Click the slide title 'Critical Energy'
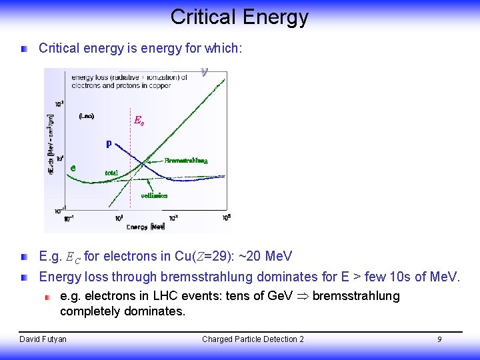(239, 17)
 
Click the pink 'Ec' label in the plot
(139, 121)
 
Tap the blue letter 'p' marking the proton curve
(109, 143)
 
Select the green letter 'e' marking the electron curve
(73, 168)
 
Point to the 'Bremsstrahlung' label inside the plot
(186, 161)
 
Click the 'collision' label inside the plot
(154, 195)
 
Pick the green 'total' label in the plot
(111, 173)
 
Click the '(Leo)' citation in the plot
(86, 116)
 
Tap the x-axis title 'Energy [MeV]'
(145, 227)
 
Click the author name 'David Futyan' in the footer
(43, 339)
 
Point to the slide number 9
(439, 339)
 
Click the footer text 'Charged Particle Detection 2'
(253, 339)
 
